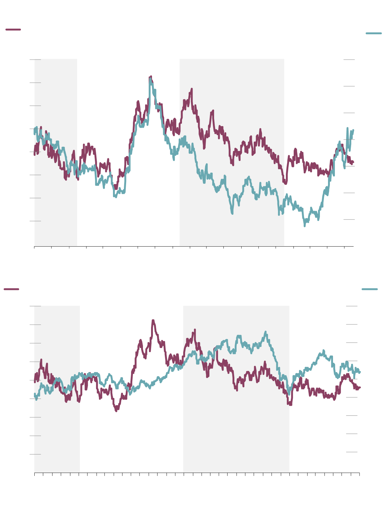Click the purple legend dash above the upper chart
point(13,30)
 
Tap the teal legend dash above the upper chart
point(374,33)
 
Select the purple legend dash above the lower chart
point(11,289)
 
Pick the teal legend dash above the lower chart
point(370,289)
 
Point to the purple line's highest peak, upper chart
point(151,76)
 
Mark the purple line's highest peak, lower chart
point(153,320)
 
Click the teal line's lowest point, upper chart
point(305,226)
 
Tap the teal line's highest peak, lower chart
point(265,332)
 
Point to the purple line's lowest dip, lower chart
point(116,411)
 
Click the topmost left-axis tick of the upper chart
point(35,59)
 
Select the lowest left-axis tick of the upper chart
point(35,221)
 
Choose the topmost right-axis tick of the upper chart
point(349,59)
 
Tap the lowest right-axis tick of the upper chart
point(349,219)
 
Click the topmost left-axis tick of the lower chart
point(35,306)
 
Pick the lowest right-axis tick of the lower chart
point(352,452)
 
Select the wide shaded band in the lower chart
point(236,437)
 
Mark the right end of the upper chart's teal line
point(353,130)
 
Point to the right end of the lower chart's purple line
point(360,387)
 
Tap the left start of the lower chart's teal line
point(35,395)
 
